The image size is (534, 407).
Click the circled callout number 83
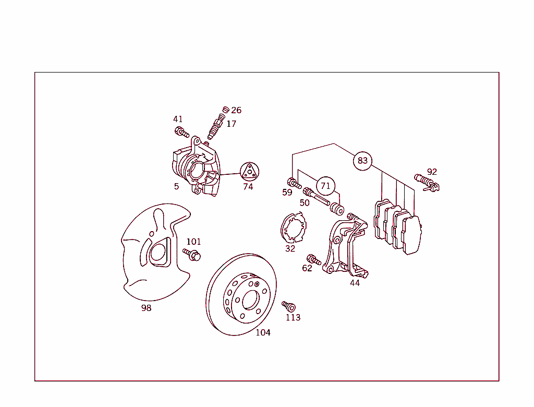pyautogui.click(x=362, y=161)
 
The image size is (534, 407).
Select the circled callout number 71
pyautogui.click(x=325, y=186)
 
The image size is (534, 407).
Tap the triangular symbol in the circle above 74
pyautogui.click(x=250, y=172)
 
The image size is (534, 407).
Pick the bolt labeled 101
pyautogui.click(x=192, y=254)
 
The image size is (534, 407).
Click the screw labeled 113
pyautogui.click(x=288, y=306)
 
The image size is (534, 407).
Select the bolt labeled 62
pyautogui.click(x=313, y=260)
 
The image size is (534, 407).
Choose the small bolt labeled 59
pyautogui.click(x=294, y=183)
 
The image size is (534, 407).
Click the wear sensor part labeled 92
pyautogui.click(x=427, y=183)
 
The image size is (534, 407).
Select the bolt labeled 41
pyautogui.click(x=182, y=132)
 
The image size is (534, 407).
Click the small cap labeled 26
pyautogui.click(x=225, y=110)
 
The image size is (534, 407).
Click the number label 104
pyautogui.click(x=263, y=332)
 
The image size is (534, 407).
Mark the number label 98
pyautogui.click(x=146, y=308)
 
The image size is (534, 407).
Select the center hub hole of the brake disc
pyautogui.click(x=251, y=300)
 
